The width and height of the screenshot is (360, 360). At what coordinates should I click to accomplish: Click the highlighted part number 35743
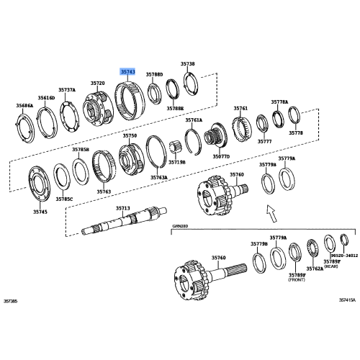(127, 72)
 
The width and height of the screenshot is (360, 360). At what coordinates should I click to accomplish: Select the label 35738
(187, 65)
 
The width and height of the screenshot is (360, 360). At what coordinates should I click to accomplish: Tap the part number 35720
(98, 84)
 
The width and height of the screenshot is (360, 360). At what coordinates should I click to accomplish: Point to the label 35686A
(25, 106)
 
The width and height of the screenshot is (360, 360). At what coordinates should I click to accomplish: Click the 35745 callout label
(40, 212)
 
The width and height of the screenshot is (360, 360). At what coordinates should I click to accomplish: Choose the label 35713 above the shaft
(123, 208)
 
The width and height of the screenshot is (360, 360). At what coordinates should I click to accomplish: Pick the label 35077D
(221, 156)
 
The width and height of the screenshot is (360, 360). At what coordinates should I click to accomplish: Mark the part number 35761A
(194, 120)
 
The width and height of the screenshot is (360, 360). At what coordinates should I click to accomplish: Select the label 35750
(129, 135)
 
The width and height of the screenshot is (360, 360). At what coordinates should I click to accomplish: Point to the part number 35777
(264, 142)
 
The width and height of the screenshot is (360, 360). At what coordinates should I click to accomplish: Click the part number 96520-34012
(344, 254)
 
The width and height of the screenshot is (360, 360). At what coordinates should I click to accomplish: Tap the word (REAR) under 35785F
(331, 266)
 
